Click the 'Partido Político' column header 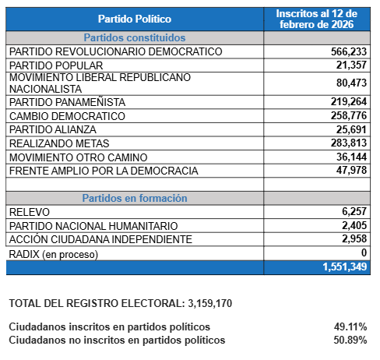coord(135,19)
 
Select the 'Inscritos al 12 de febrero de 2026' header coord(317,19)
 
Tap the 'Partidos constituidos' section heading coord(135,37)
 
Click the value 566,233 coord(349,51)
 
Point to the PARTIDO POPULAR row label coord(56,65)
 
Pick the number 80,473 coord(351,83)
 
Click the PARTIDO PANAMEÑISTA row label coord(67,102)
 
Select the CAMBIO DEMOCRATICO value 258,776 coord(349,115)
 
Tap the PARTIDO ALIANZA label coord(53,129)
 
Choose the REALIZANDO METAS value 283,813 coord(349,143)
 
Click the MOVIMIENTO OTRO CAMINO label coord(78,157)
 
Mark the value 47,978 coord(351,170)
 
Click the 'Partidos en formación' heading coord(135,198)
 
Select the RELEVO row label coord(30,212)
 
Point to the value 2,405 coord(354,225)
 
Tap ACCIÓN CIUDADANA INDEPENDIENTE coord(100,239)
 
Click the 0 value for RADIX coord(364,252)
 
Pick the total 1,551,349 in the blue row coord(344,266)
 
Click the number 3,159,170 coord(209,303)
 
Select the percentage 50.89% coord(350,340)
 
